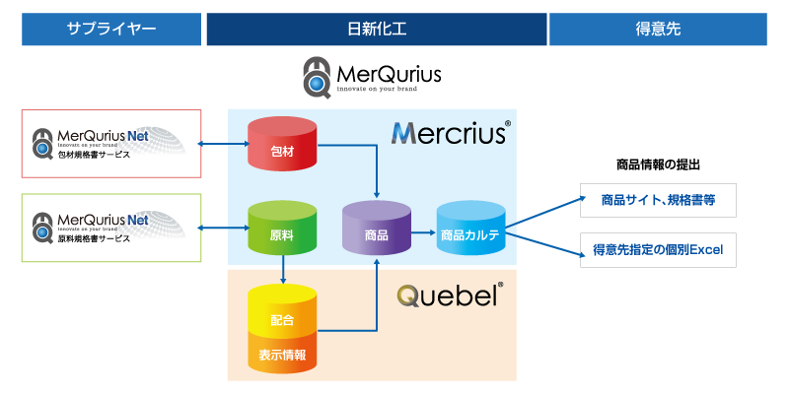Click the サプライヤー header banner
pos(111,30)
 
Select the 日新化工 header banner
pos(377,30)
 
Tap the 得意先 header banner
pos(658,30)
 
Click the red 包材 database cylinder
pos(282,143)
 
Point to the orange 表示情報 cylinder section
pos(282,352)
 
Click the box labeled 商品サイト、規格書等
pos(658,200)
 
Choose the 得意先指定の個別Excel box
pos(658,250)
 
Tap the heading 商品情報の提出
pos(658,164)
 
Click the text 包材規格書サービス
pos(94,155)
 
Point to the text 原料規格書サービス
pos(94,238)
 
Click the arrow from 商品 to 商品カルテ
pos(423,232)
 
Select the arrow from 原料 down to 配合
pos(283,269)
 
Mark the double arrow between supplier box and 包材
pos(225,144)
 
